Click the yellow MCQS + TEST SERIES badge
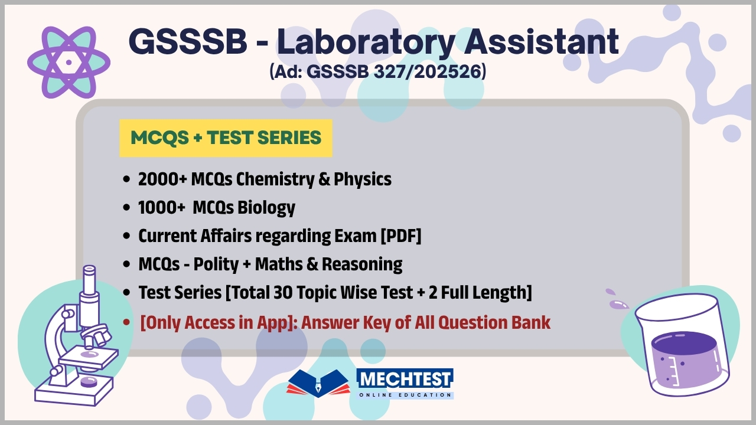click(226, 138)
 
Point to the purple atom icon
click(69, 61)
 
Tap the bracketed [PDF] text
click(400, 236)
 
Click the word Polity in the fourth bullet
click(213, 264)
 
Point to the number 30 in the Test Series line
click(279, 293)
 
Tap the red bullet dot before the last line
click(126, 323)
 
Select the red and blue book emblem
click(318, 384)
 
